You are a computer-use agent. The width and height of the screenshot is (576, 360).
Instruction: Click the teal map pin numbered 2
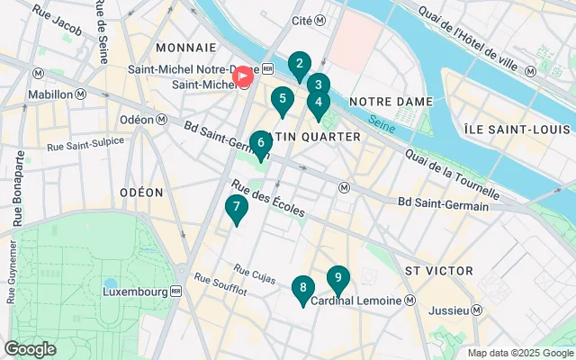point(299,65)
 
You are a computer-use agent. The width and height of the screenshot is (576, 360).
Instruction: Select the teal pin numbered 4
point(318,103)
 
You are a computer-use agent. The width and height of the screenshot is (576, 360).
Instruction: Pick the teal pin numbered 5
point(283,100)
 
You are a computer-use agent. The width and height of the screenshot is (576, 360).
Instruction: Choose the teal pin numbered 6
point(260,142)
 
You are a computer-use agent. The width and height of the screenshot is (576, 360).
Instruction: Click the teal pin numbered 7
point(236,208)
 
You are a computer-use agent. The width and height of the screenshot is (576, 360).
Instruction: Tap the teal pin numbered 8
point(302,289)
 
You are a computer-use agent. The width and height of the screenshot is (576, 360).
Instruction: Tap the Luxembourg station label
point(142,292)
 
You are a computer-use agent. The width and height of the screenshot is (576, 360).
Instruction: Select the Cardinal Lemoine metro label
point(363,301)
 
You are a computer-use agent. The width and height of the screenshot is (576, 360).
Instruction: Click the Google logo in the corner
point(30,348)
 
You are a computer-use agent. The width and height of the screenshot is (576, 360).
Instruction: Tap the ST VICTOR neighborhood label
point(438,270)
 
